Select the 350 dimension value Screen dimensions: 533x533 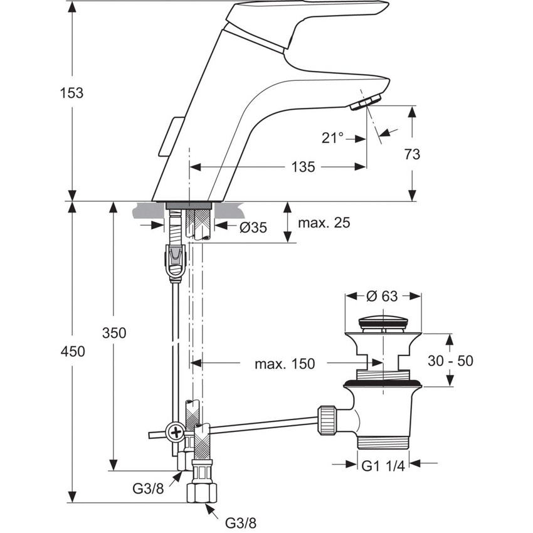[114, 333]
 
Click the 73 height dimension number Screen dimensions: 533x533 [413, 154]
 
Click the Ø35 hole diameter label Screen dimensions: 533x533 [253, 228]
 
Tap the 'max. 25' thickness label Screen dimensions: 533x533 [324, 223]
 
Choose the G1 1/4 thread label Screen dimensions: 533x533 [383, 465]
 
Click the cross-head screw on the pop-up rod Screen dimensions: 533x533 [174, 432]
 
